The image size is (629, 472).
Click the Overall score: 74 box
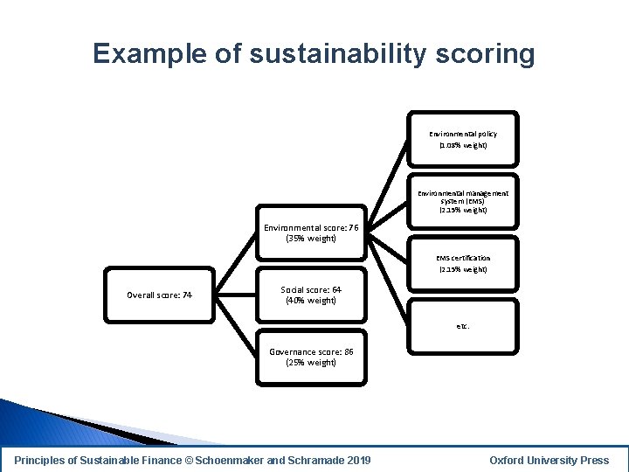click(159, 295)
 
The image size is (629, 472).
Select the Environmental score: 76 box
click(311, 233)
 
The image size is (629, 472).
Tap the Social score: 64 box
click(311, 295)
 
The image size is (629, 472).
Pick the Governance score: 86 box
click(311, 357)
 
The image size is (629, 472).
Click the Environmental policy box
click(462, 139)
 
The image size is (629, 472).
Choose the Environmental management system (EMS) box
click(462, 201)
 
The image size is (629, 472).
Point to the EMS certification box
click(462, 263)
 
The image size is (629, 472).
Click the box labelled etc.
click(462, 325)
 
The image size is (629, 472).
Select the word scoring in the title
click(491, 54)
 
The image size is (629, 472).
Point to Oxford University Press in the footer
click(549, 461)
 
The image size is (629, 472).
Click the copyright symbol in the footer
click(190, 461)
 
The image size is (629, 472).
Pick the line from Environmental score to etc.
click(386, 280)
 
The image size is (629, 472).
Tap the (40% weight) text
click(311, 301)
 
